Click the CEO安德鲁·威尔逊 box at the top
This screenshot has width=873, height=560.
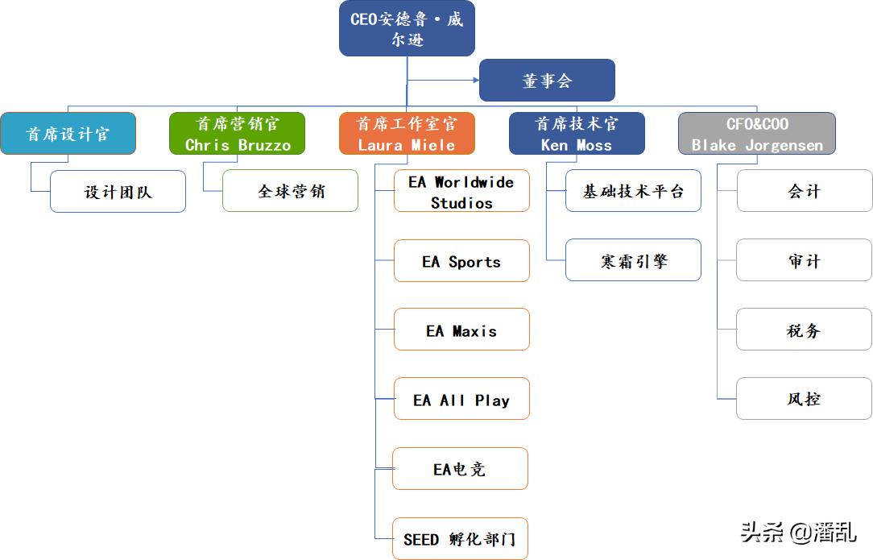tap(407, 29)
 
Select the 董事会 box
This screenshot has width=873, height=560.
tap(547, 81)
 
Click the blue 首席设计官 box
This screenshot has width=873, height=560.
tap(68, 134)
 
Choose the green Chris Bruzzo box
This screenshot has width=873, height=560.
tap(238, 134)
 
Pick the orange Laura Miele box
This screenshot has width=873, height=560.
tap(407, 134)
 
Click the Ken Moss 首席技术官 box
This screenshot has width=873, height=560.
tap(577, 134)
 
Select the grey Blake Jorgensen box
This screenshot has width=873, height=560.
tap(756, 134)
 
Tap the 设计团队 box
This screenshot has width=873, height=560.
tap(118, 192)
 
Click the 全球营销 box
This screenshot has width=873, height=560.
tap(290, 192)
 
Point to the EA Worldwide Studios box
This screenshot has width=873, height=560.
tap(461, 192)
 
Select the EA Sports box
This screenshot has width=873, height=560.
tap(461, 261)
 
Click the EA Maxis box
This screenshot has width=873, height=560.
tap(461, 330)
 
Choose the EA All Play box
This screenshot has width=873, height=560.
tap(461, 400)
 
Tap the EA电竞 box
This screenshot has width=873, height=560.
tap(460, 469)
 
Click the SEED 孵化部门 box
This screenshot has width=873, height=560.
tap(460, 539)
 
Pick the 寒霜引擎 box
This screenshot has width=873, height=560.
tap(633, 261)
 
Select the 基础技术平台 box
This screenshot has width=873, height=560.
tap(633, 192)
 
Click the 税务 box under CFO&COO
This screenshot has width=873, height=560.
tap(804, 330)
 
